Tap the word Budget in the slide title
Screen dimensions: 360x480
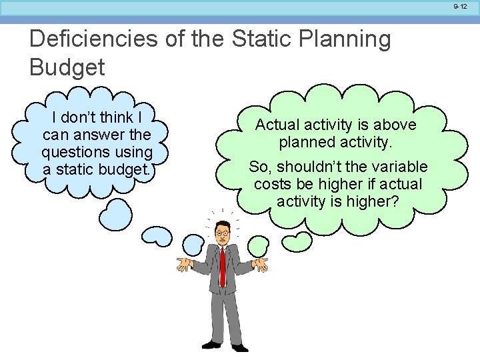click(67, 67)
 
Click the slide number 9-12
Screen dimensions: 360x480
click(460, 6)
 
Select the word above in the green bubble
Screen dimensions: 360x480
click(396, 125)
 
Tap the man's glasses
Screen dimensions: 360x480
click(221, 232)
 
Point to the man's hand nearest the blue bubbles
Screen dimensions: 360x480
click(184, 265)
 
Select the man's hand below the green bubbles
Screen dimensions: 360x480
click(261, 265)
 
